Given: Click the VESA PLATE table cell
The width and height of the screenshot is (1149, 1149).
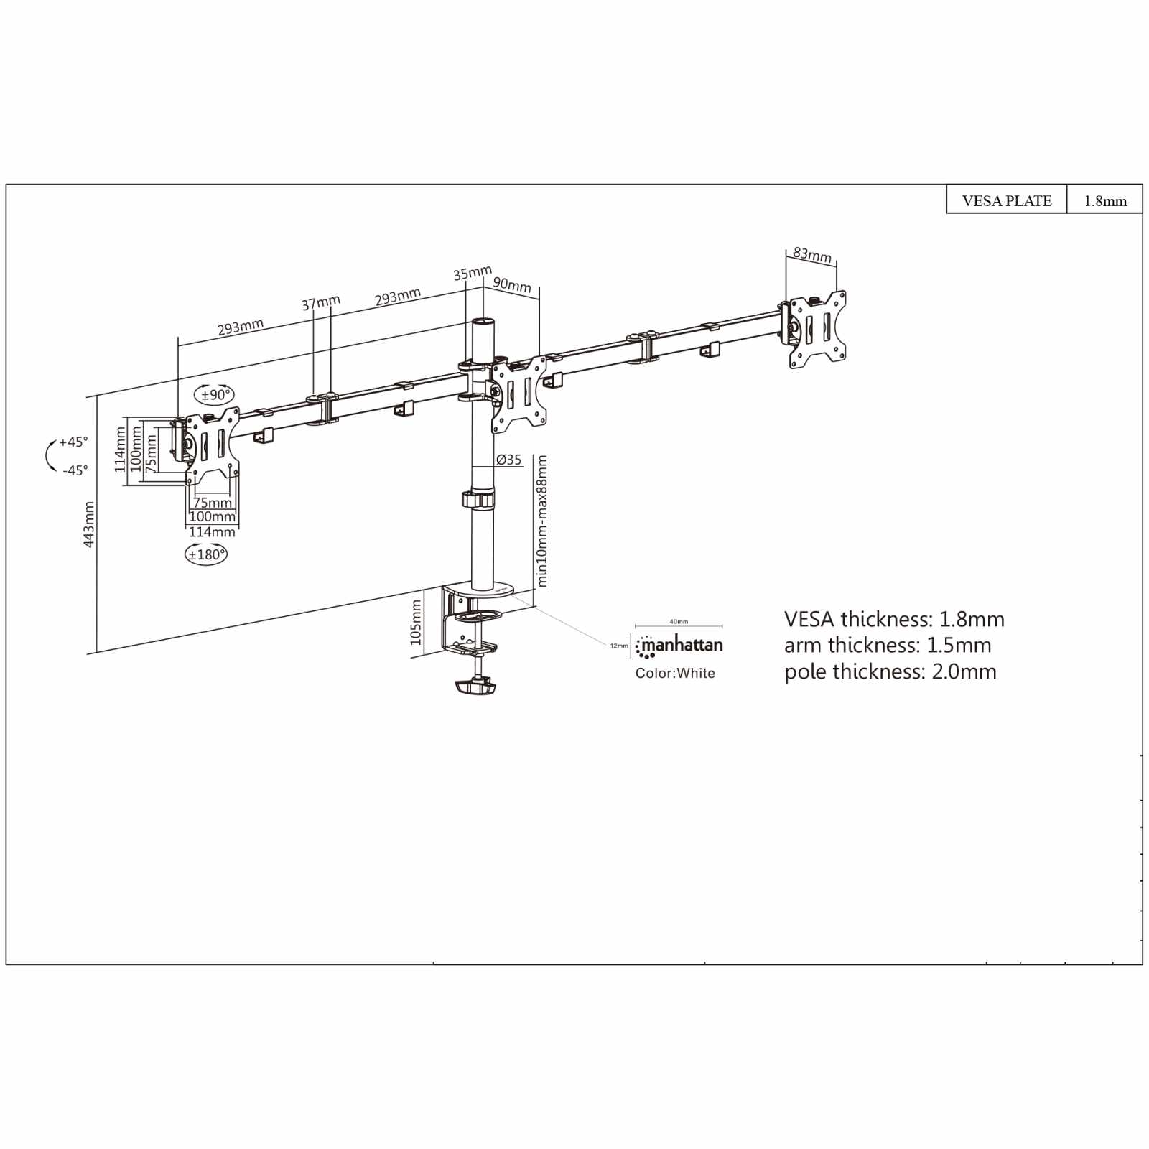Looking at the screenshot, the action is point(1006,200).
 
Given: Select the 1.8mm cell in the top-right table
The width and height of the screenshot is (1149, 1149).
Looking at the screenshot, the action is point(1104,200).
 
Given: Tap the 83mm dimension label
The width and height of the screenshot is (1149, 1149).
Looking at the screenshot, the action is point(812,254).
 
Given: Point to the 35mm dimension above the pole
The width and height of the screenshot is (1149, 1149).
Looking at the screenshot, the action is point(473,273).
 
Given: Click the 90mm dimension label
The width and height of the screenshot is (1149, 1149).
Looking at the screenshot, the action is point(512,284).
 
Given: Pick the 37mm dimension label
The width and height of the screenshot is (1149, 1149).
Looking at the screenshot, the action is point(321,302).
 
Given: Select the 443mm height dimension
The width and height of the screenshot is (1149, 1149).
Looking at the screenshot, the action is point(89,524).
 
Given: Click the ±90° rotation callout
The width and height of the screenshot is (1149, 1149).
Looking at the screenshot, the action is point(215,395).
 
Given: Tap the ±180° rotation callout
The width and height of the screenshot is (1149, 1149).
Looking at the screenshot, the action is point(206,554).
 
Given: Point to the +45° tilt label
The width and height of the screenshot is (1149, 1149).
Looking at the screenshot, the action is point(73,442).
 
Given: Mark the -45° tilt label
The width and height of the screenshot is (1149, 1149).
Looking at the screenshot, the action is point(75,470).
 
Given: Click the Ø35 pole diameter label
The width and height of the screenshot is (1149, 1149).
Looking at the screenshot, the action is point(509,460).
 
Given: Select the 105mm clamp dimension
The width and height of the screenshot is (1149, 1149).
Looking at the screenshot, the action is point(416,623).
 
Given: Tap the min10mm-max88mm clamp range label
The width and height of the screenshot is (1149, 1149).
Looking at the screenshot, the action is point(542,521).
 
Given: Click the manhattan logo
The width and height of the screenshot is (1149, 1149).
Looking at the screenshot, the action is point(679,646).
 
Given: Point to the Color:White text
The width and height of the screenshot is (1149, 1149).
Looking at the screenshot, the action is point(675,673).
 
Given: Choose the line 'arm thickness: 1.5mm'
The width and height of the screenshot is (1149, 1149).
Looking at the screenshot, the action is point(888,645).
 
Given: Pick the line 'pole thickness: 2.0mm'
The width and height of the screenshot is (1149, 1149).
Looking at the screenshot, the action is point(890,671).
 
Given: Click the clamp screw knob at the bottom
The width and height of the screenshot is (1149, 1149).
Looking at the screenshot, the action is point(475,687).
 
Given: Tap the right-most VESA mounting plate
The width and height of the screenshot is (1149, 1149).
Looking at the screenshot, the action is point(817,329).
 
